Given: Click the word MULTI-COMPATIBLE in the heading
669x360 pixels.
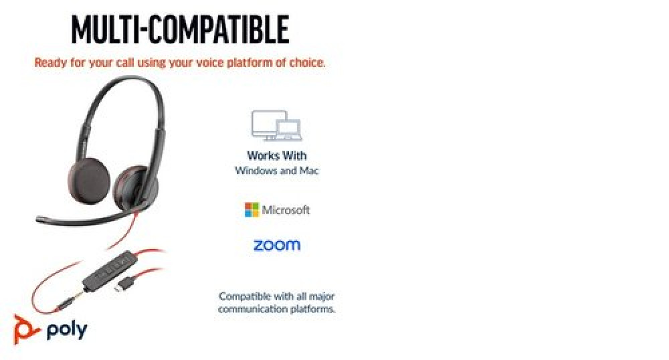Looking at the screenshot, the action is point(180,29).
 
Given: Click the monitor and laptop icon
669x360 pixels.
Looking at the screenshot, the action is point(277,125).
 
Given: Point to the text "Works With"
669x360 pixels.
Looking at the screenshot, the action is point(277,156).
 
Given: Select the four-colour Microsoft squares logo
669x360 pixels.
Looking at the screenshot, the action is point(252,210).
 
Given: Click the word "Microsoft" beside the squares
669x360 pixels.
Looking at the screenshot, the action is point(286,210).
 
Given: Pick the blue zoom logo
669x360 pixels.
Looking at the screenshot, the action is point(277,246).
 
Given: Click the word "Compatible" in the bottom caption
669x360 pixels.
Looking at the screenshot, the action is point(240,296).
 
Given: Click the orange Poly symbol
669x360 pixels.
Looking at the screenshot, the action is point(25,329).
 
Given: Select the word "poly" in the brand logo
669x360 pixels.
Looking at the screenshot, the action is point(67,330).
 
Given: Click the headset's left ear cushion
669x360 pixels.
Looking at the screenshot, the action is point(89,181).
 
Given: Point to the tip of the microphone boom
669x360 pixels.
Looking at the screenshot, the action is point(38,219).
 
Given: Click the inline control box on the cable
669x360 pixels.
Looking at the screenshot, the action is point(108,271).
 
